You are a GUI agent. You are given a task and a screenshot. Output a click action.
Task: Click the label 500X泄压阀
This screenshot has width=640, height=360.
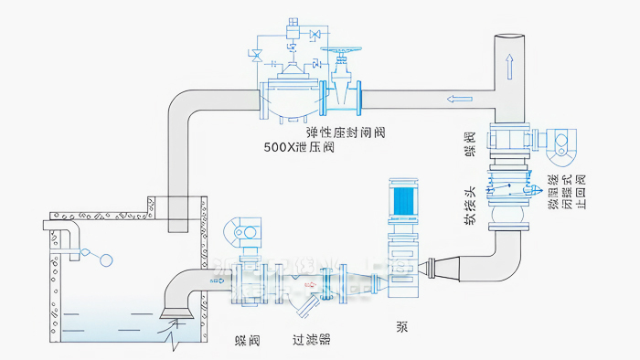pyautogui.click(x=298, y=146)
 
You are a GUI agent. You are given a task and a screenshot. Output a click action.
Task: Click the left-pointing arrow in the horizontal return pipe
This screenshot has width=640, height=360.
pyautogui.click(x=454, y=98)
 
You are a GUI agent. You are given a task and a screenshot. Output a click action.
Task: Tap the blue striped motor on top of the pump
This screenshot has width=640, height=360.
pyautogui.click(x=402, y=205)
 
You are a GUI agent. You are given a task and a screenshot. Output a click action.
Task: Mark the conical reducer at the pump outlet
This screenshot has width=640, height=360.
pyautogui.click(x=439, y=266)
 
